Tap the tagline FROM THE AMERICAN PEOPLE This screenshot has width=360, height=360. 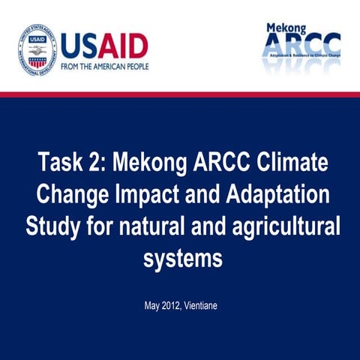[104, 66]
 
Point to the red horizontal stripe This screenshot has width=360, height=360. [180, 94]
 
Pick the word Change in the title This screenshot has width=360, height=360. [73, 195]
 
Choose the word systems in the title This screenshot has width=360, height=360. [182, 259]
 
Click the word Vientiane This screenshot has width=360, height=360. [202, 307]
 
